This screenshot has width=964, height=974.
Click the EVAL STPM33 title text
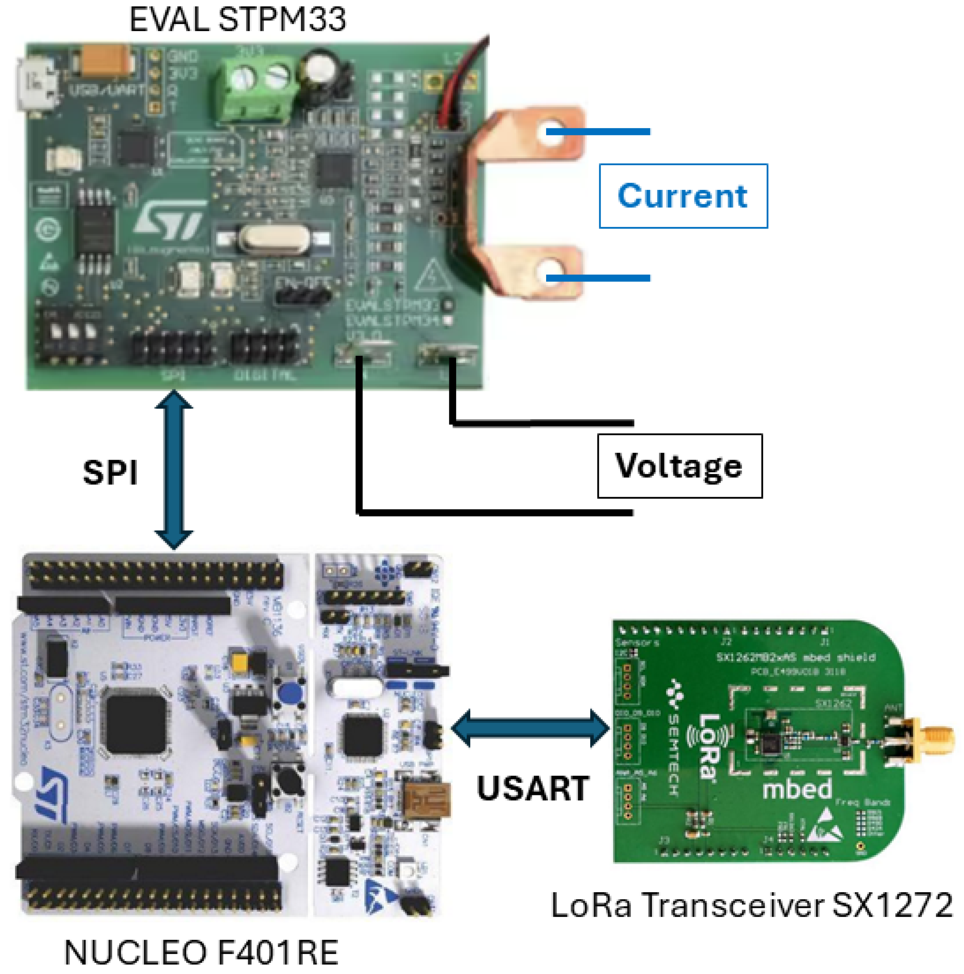tap(237, 20)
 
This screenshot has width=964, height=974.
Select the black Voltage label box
tap(679, 466)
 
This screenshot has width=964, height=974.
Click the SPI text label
tap(110, 473)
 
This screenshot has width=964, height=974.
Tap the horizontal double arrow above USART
tap(530, 728)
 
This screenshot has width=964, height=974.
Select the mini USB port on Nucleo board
tap(426, 801)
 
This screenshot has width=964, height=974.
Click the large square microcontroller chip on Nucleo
tap(135, 721)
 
